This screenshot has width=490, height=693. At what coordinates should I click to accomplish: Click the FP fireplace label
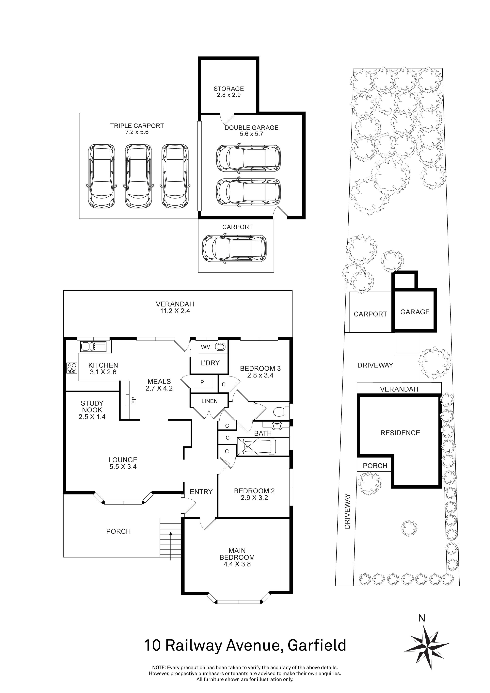coord(134,400)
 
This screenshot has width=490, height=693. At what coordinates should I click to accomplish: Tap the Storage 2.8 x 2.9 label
coord(229,92)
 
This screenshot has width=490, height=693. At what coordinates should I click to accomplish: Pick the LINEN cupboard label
coord(209,401)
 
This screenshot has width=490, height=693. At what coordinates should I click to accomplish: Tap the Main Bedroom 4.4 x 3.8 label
coord(237,557)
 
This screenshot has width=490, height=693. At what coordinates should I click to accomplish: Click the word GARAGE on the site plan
coord(415,312)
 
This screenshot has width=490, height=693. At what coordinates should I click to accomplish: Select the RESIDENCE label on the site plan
coord(400,433)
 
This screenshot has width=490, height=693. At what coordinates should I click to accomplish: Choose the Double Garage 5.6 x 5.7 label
coord(251,131)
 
